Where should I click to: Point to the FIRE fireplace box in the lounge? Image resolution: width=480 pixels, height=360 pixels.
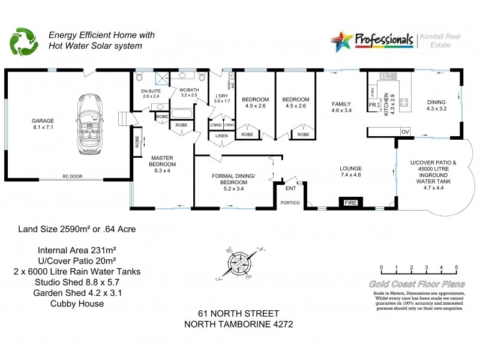pos(349,203)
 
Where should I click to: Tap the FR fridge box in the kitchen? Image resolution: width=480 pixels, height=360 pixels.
pos(372,104)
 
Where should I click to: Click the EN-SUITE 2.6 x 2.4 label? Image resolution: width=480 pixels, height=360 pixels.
pos(151,93)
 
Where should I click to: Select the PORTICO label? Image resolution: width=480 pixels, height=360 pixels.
pos(290,203)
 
